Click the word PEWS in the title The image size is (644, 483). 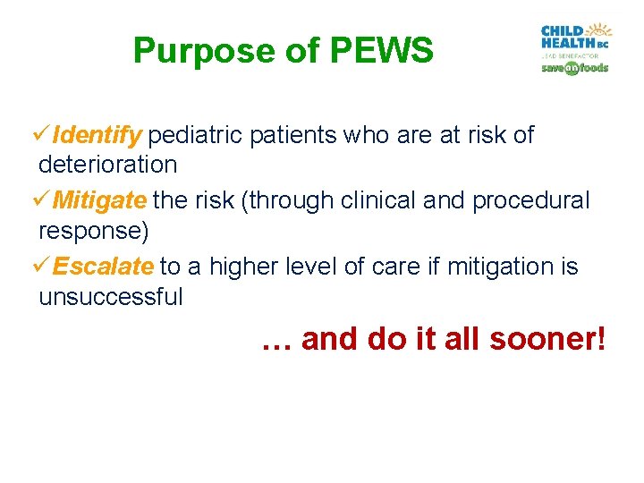[382, 51]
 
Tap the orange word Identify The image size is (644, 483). [97, 135]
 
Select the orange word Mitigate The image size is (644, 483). [99, 200]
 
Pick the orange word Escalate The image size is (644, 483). [103, 267]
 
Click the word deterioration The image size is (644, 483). [107, 165]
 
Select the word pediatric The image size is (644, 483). [195, 135]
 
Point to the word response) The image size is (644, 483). [93, 231]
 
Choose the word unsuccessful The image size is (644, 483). [110, 297]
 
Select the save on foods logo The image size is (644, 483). [574, 68]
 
